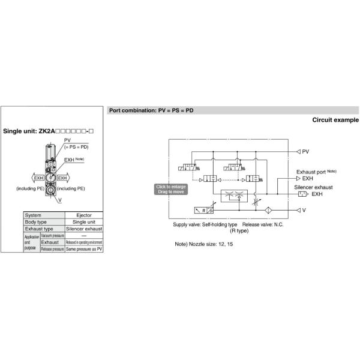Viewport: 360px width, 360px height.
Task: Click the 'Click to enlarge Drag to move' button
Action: [x=171, y=189]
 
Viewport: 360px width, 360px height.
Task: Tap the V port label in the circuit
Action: [x=304, y=210]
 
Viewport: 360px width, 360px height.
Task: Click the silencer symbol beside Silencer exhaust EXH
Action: [x=302, y=194]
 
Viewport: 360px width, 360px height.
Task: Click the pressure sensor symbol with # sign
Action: [x=202, y=210]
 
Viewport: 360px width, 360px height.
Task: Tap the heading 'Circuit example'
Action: [x=335, y=120]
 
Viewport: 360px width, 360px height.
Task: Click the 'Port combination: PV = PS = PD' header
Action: [x=151, y=110]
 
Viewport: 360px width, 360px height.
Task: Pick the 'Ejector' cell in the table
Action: [x=83, y=215]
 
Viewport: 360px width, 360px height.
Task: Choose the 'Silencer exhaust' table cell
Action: [x=83, y=229]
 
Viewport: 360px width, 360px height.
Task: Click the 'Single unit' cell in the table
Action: [x=83, y=222]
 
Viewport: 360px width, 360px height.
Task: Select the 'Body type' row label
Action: [x=35, y=222]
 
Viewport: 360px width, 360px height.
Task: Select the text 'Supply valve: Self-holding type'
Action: [x=205, y=224]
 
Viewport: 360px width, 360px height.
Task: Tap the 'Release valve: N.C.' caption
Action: [x=263, y=224]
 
